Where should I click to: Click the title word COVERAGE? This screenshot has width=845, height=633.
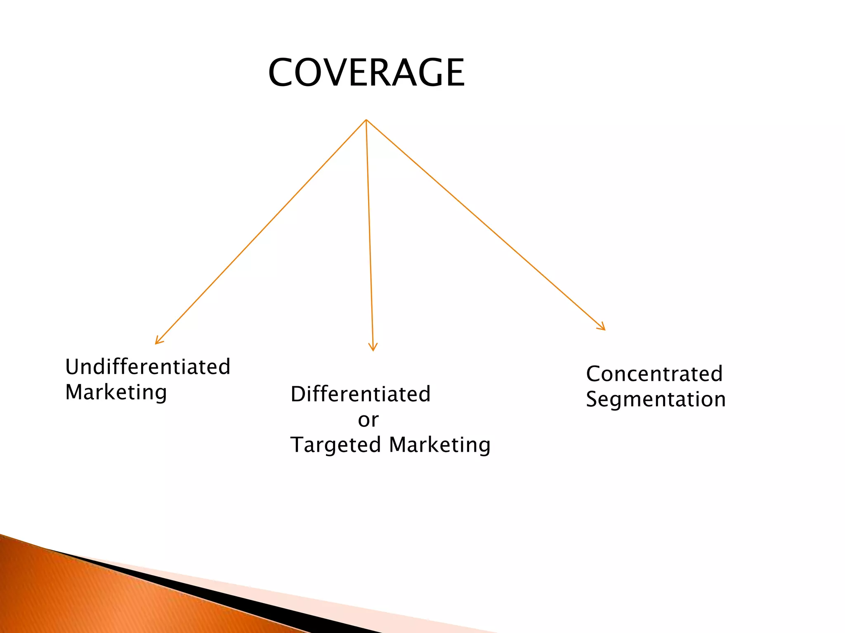366,73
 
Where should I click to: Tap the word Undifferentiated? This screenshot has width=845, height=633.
148,367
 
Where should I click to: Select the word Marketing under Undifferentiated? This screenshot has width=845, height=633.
116,392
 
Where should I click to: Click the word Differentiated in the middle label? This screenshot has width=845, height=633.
361,394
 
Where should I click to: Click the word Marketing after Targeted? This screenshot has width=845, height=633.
440,445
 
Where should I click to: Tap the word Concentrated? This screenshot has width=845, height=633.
654,374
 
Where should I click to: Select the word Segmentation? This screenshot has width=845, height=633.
656,399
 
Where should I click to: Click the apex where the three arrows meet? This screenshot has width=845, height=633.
366,120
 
